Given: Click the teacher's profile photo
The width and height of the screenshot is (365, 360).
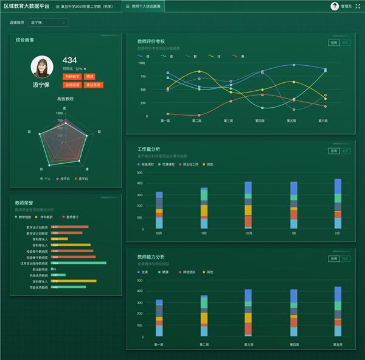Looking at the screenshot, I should [41, 67].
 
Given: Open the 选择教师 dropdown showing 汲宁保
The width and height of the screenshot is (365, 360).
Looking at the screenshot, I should [49, 23].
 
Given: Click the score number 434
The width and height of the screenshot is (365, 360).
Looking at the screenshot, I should [69, 60].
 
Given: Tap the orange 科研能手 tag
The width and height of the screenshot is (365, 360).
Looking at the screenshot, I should [72, 77].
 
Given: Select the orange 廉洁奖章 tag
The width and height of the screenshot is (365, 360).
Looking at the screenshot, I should [92, 85].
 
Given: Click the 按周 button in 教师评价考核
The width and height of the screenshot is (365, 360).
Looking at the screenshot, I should [333, 43].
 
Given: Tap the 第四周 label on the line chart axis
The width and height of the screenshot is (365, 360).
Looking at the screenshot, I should [260, 121].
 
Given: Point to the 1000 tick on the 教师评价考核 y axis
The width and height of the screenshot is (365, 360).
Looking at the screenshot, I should [141, 63].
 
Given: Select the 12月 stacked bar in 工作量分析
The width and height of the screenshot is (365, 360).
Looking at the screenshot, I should [248, 205].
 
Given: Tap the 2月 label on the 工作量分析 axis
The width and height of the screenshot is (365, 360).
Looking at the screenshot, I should [338, 233].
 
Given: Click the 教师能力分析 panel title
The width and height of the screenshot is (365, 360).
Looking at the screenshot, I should [151, 257].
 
